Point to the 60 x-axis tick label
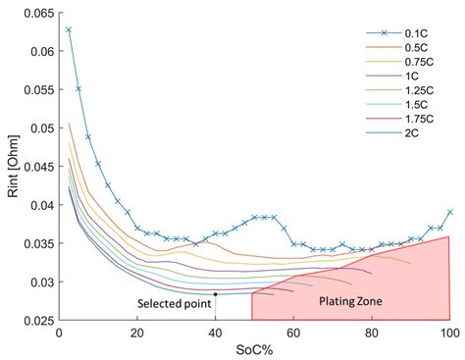point(293,333)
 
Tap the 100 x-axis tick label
point(449,333)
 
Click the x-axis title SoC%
point(253,350)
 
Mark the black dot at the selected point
point(215,293)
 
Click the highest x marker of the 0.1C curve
point(69,29)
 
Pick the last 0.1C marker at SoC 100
point(449,212)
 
